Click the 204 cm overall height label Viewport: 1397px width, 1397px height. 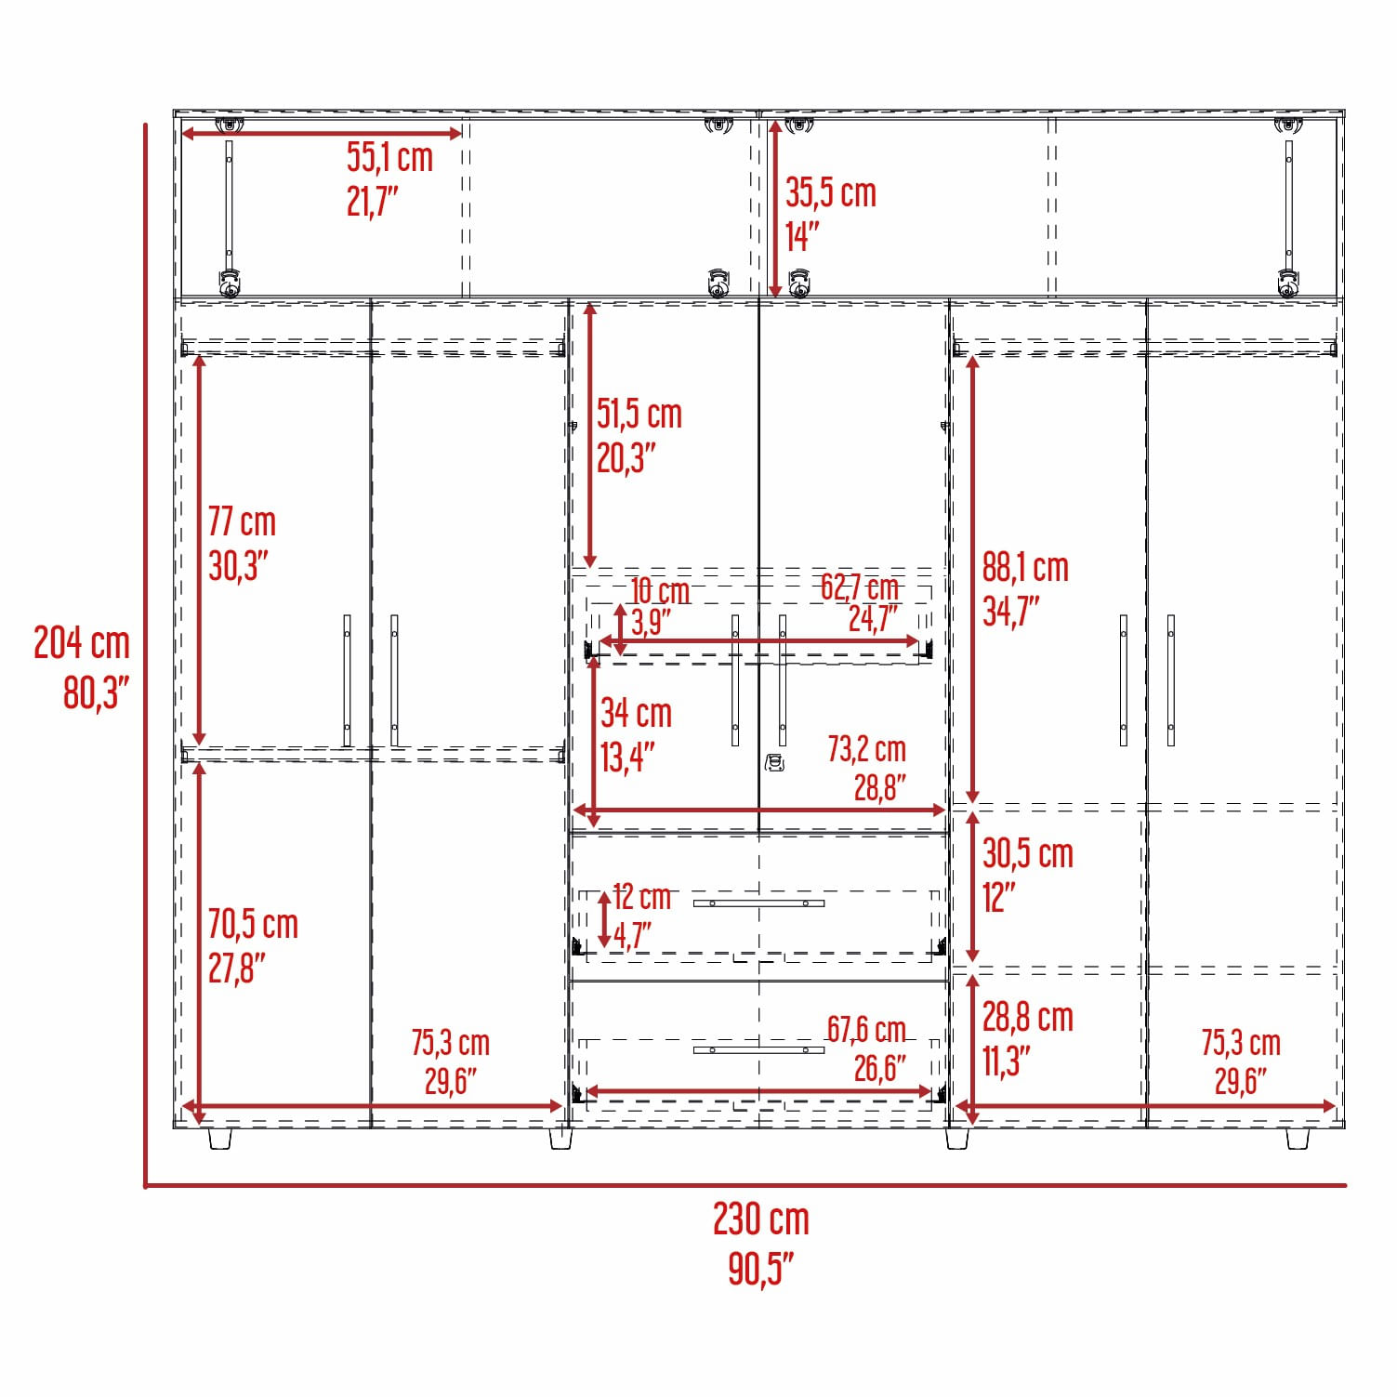[82, 642]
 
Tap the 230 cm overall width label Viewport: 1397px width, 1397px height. [761, 1219]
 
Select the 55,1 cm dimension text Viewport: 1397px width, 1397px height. [390, 157]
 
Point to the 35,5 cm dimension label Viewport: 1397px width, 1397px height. [831, 192]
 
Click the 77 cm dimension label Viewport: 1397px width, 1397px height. [242, 521]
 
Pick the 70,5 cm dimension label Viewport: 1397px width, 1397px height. [253, 924]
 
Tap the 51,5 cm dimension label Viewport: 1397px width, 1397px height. [639, 414]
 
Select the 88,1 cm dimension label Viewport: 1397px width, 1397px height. [1025, 567]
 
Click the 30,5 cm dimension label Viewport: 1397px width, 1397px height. [1028, 853]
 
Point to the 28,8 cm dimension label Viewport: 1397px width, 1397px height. [1028, 1017]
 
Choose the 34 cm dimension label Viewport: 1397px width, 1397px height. [636, 713]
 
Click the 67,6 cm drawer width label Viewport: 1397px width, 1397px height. [866, 1029]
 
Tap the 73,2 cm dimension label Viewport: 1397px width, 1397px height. [866, 748]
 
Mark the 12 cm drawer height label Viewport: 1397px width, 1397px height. [642, 896]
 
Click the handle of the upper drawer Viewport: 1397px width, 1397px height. [758, 903]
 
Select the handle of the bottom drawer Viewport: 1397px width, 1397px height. [758, 1050]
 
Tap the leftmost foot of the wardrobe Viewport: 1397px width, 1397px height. [219, 1139]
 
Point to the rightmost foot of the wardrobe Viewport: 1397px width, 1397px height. [1298, 1139]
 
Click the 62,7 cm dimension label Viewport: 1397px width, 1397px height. [860, 586]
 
